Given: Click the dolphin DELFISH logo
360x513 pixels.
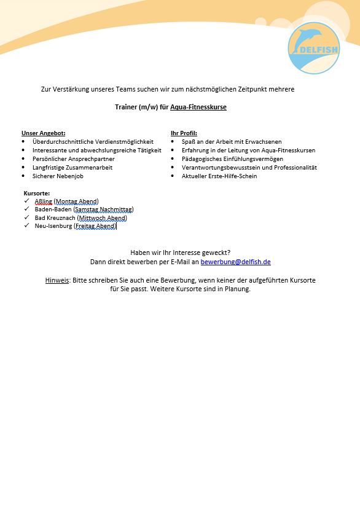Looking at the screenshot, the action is (x=314, y=47).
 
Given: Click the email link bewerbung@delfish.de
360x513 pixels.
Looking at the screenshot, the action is (x=236, y=262).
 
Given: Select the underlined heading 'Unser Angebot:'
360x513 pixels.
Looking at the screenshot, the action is (x=44, y=133).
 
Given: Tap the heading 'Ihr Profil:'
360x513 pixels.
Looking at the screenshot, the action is (x=184, y=133).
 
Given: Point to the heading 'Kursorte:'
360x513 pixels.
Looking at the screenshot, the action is (x=37, y=194).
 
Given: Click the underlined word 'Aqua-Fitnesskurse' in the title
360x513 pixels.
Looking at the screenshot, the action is (x=198, y=107).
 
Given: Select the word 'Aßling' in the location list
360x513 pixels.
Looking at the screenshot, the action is (x=44, y=202).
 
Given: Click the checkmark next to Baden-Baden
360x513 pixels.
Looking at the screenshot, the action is (x=26, y=210).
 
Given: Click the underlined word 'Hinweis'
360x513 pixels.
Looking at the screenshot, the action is (x=57, y=280).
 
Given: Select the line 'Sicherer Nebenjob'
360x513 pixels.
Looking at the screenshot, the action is (x=58, y=176).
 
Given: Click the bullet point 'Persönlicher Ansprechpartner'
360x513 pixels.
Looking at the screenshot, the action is (x=73, y=159).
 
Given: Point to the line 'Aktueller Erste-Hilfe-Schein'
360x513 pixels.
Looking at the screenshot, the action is (x=219, y=176).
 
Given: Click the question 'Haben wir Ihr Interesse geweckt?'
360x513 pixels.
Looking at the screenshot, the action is (x=181, y=253).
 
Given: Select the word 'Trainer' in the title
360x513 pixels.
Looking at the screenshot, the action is (x=126, y=107).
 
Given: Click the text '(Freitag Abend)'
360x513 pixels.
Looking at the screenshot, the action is (x=95, y=226).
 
